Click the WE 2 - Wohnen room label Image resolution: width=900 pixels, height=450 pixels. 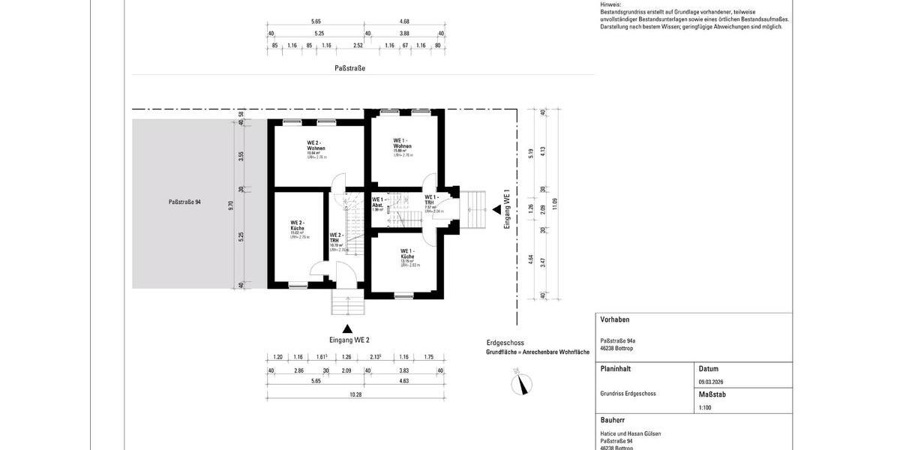click(x=315, y=145)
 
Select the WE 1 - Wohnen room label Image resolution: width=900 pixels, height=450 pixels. click(x=403, y=142)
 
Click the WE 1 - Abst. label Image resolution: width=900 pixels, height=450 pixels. click(x=378, y=202)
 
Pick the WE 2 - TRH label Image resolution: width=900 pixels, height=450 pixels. click(x=336, y=238)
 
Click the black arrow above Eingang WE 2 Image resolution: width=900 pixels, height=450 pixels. click(x=347, y=328)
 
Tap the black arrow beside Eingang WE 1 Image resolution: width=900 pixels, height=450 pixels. click(x=496, y=211)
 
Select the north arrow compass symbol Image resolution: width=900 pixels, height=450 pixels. click(x=520, y=385)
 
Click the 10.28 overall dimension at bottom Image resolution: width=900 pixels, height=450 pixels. click(x=354, y=394)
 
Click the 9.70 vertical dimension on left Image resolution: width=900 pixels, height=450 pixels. click(x=231, y=204)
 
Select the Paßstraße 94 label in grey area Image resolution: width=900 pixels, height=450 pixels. click(x=184, y=202)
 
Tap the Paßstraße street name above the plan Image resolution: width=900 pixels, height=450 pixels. click(x=349, y=68)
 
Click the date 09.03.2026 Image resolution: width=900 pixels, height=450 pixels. click(x=711, y=382)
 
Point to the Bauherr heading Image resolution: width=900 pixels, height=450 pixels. click(x=613, y=420)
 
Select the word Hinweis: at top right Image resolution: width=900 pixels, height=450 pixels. click(x=610, y=4)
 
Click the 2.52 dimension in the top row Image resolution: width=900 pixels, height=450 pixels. click(x=358, y=46)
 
